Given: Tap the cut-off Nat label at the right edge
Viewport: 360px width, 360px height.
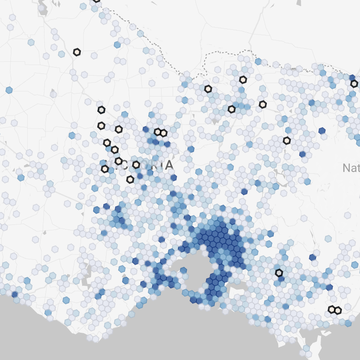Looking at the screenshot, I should click(x=351, y=168).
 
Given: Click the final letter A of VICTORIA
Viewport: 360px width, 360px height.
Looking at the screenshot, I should click(x=169, y=165).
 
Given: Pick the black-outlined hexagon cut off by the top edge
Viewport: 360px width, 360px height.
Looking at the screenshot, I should click(x=97, y=1).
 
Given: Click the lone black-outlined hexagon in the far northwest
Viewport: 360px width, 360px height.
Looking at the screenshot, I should click(x=77, y=52).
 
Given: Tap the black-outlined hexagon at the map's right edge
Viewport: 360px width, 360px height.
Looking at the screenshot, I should click(x=354, y=83).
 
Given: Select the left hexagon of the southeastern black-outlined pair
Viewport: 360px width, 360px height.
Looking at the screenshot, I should click(x=332, y=310).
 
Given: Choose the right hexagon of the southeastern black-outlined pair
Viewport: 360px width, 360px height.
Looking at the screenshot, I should click(x=338, y=311).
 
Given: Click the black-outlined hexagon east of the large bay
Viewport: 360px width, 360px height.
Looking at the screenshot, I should click(x=279, y=273).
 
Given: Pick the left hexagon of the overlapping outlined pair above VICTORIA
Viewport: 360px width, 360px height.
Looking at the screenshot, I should click(x=158, y=132).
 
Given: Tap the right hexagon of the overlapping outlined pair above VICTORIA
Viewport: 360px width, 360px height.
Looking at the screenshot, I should click(x=164, y=133).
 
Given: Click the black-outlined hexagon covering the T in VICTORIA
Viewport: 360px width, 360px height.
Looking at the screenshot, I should click(x=136, y=164).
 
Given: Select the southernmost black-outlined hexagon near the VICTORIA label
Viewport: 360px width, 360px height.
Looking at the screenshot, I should click(x=130, y=180).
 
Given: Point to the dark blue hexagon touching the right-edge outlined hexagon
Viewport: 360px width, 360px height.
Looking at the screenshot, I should click(x=352, y=78).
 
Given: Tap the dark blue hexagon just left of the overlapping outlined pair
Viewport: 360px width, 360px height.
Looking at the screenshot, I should click(x=146, y=129).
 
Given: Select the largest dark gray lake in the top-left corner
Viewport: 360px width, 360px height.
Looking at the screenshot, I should click(x=43, y=8).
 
